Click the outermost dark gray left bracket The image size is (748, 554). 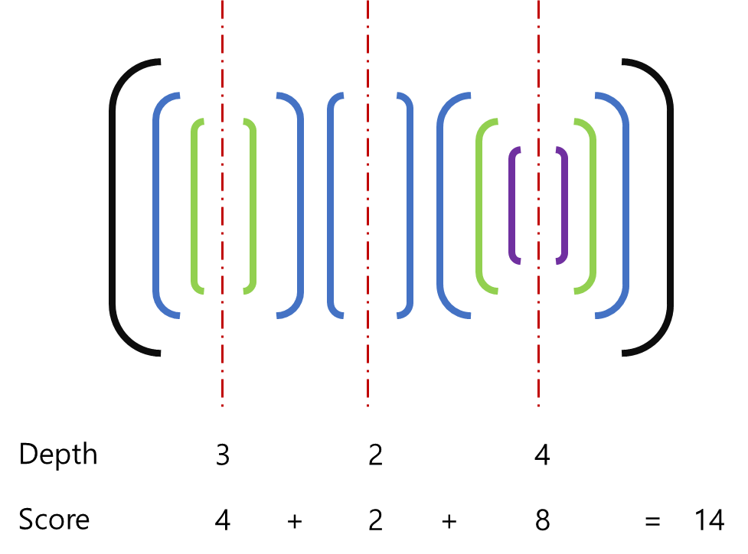pyautogui.click(x=113, y=207)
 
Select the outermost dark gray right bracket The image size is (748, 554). pyautogui.click(x=671, y=207)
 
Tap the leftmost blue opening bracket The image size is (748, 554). pyautogui.click(x=155, y=205)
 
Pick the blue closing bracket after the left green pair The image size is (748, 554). pyautogui.click(x=301, y=205)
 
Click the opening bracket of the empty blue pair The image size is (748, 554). pyautogui.click(x=330, y=205)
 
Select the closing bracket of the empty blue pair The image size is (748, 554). pyautogui.click(x=410, y=205)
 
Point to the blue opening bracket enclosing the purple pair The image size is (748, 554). pyautogui.click(x=440, y=205)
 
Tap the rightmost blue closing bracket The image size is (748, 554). pyautogui.click(x=626, y=205)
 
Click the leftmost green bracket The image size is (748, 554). pyautogui.click(x=194, y=205)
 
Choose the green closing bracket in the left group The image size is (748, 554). pyautogui.click(x=253, y=205)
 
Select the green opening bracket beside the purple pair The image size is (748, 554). pyautogui.click(x=479, y=205)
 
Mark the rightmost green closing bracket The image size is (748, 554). pyautogui.click(x=593, y=205)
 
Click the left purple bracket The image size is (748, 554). pyautogui.click(x=511, y=205)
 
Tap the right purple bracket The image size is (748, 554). pyautogui.click(x=566, y=205)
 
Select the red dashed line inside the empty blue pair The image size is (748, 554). pyautogui.click(x=367, y=205)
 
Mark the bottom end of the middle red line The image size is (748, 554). pyautogui.click(x=367, y=403)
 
